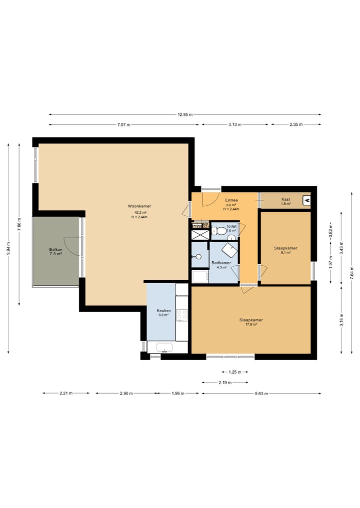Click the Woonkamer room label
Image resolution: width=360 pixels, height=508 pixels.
139,206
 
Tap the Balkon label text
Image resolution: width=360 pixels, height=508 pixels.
56,249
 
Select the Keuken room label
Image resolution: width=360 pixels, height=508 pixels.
163,310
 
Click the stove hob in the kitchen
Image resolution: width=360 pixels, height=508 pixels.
181,315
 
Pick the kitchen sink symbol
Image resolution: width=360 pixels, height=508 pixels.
164,348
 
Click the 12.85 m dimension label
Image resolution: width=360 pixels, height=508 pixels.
185,114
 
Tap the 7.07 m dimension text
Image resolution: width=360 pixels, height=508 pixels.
123,124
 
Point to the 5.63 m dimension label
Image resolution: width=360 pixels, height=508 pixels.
261,394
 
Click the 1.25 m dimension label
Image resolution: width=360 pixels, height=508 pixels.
235,372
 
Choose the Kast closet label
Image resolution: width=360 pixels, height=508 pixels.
285,199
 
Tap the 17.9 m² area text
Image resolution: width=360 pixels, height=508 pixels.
251,324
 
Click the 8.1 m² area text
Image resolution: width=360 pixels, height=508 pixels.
285,252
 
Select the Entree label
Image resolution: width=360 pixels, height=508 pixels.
231,200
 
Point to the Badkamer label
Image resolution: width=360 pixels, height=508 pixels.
221,263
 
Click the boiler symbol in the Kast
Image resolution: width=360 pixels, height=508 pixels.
306,200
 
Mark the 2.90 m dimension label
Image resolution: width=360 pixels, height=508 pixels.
126,394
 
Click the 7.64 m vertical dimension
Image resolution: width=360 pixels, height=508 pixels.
352,273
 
